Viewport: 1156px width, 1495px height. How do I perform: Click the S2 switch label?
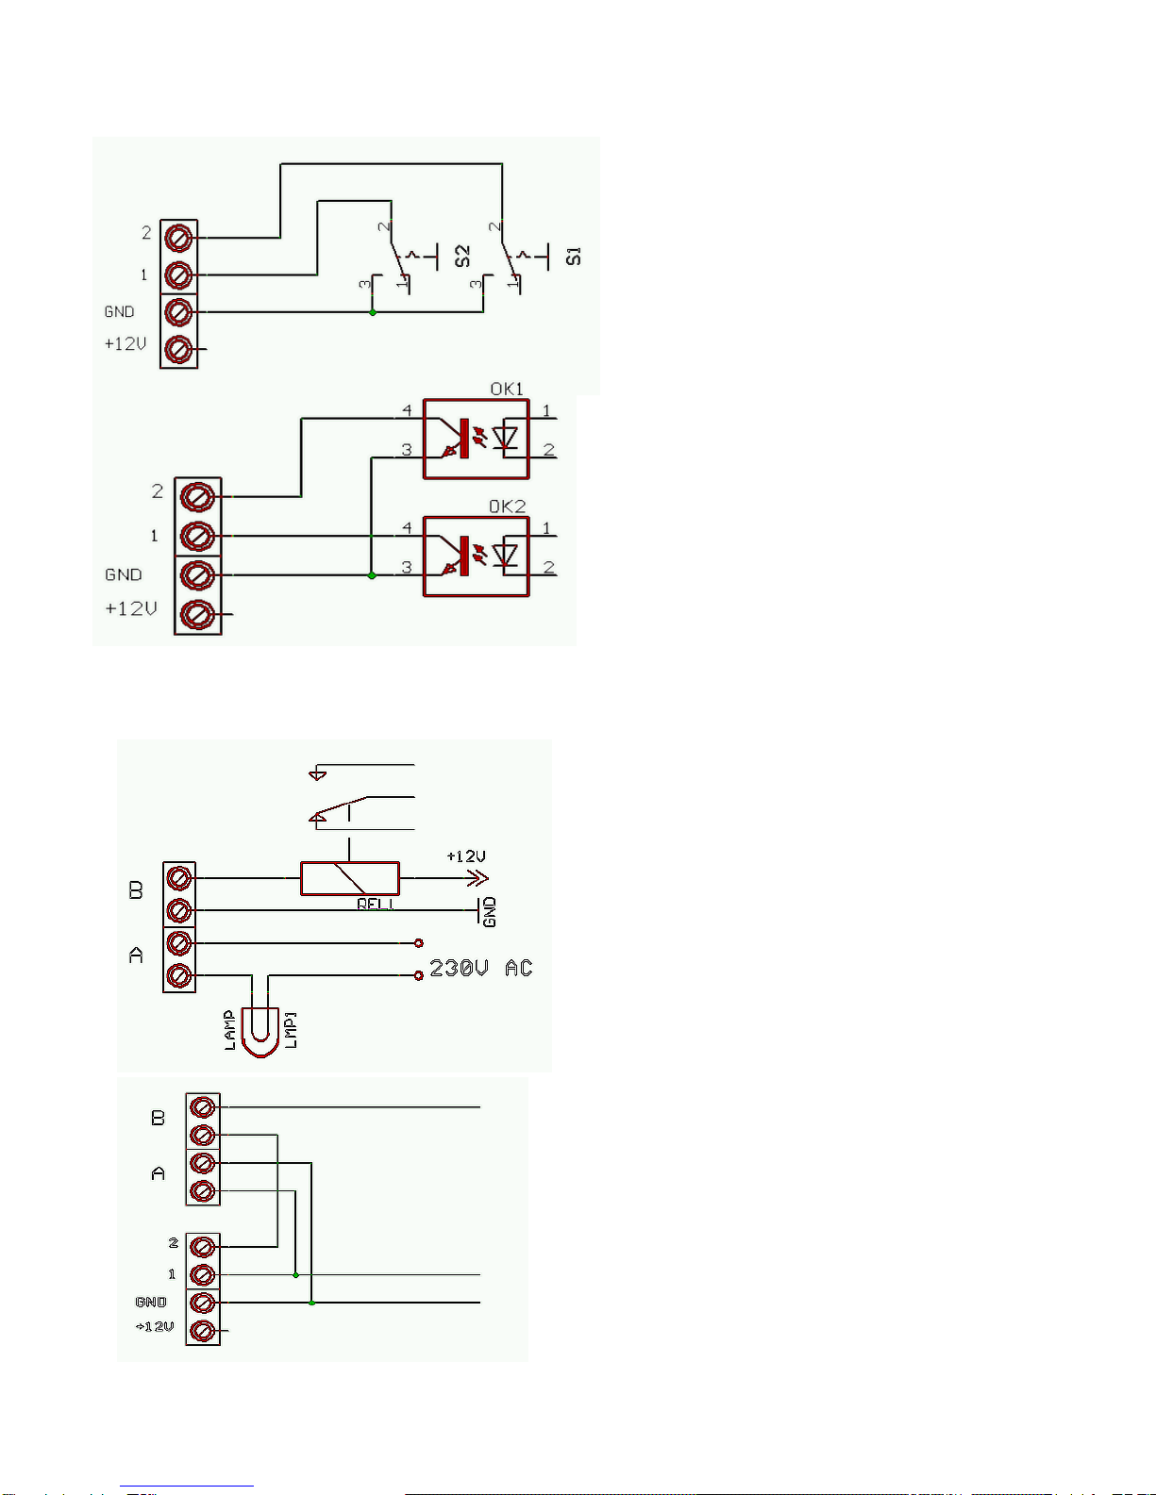[462, 256]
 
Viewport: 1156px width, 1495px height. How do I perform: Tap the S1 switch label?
[574, 256]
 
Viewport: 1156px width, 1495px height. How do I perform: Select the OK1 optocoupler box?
[476, 440]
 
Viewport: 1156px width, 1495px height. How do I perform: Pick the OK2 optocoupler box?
[476, 556]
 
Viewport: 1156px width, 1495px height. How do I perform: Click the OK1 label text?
[507, 389]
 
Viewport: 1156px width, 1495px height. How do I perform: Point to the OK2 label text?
[507, 507]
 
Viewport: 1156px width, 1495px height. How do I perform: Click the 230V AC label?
[480, 969]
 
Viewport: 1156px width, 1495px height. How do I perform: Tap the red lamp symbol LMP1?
[260, 1033]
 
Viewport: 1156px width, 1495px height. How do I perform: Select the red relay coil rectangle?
[349, 878]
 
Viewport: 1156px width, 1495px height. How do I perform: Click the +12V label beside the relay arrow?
[466, 856]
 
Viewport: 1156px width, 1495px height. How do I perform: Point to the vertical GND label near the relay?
[489, 912]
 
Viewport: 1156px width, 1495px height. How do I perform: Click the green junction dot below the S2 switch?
[373, 312]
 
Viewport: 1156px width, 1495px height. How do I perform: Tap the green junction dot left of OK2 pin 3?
[372, 575]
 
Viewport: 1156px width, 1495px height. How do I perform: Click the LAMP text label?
[229, 1030]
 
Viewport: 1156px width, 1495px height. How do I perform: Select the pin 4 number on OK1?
[407, 410]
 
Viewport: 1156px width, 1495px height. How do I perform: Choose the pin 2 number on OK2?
[548, 567]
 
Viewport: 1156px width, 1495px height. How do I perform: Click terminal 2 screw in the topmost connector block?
[178, 237]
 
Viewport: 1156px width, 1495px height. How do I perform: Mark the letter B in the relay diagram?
[136, 890]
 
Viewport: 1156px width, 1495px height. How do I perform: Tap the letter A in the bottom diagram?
[158, 1173]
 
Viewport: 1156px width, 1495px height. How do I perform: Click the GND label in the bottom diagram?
[151, 1302]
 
